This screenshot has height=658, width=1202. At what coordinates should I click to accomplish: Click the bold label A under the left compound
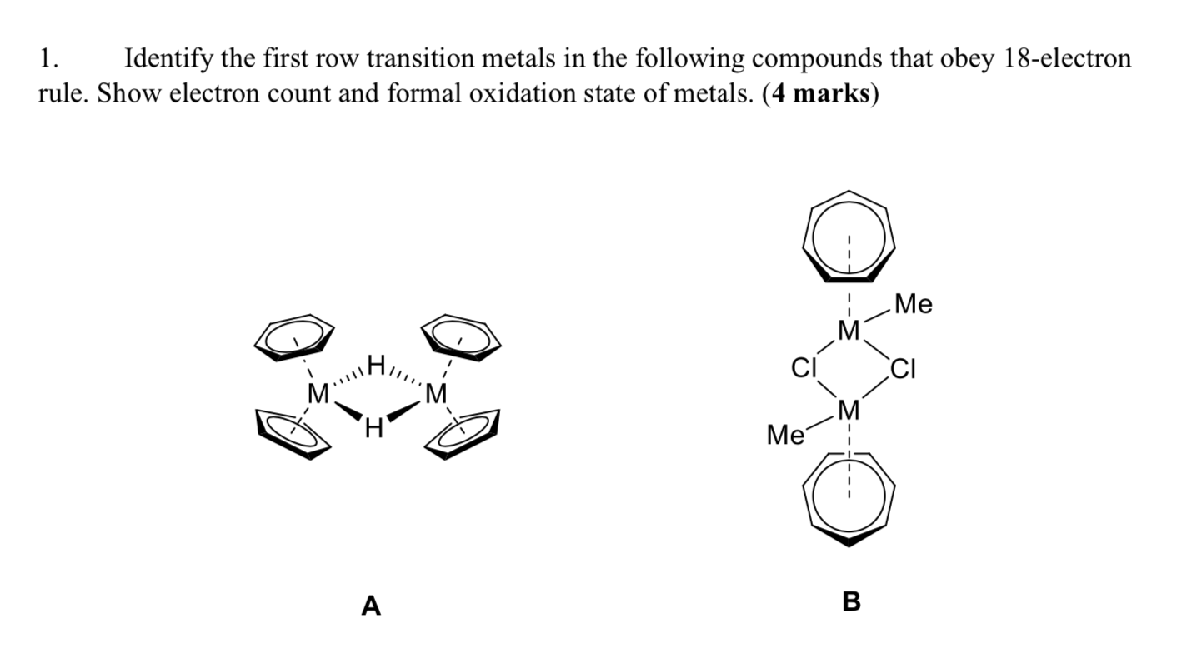tap(371, 606)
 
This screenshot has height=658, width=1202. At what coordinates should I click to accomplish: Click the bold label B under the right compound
tap(851, 601)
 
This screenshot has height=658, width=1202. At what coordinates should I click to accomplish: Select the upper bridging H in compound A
tap(376, 365)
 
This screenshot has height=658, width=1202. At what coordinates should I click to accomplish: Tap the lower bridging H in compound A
tap(373, 430)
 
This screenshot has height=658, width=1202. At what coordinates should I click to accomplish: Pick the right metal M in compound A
tap(435, 392)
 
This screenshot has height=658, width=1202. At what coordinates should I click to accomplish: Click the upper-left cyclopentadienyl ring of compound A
tap(294, 336)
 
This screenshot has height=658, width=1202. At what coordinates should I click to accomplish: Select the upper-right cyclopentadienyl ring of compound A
tap(461, 336)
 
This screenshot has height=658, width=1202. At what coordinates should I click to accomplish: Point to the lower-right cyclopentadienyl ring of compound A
tap(463, 432)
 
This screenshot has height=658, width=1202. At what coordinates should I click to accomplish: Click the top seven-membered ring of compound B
tap(848, 236)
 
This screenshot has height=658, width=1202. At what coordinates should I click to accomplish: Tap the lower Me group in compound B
tap(784, 435)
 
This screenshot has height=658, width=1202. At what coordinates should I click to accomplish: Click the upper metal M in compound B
tap(848, 332)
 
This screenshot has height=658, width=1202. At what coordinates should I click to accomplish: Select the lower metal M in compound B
tap(848, 409)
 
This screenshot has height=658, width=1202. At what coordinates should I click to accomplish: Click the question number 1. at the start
tap(48, 59)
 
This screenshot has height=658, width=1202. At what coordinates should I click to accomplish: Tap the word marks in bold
tap(830, 93)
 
